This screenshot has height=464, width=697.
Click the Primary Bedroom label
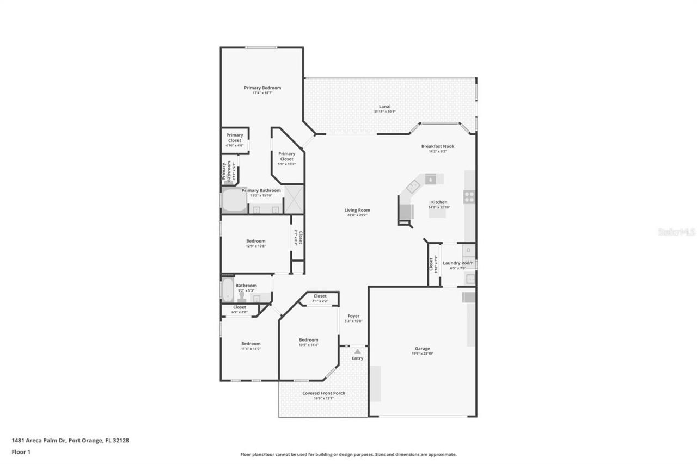pyautogui.click(x=262, y=88)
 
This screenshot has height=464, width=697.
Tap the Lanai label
pyautogui.click(x=384, y=106)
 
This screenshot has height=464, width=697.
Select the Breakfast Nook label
pyautogui.click(x=437, y=146)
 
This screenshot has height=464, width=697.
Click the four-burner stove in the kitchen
pyautogui.click(x=469, y=197)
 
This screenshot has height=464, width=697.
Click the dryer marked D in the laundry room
pyautogui.click(x=468, y=251)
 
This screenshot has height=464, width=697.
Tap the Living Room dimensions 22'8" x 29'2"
pyautogui.click(x=357, y=215)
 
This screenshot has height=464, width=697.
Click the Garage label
pyautogui.click(x=422, y=349)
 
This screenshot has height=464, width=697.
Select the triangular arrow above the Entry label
pyautogui.click(x=357, y=352)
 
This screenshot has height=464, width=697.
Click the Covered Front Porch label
pyautogui.click(x=323, y=393)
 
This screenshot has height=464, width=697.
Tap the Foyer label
pyautogui.click(x=353, y=316)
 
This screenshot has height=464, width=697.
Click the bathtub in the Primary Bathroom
pyautogui.click(x=234, y=200)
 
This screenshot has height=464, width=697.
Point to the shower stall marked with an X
pyautogui.click(x=294, y=199)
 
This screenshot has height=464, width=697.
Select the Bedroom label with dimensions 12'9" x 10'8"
pyautogui.click(x=255, y=241)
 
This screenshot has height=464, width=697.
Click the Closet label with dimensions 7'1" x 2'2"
pyautogui.click(x=320, y=296)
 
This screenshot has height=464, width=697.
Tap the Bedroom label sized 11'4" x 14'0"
pyautogui.click(x=251, y=343)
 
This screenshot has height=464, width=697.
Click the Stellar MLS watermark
pyautogui.click(x=676, y=232)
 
